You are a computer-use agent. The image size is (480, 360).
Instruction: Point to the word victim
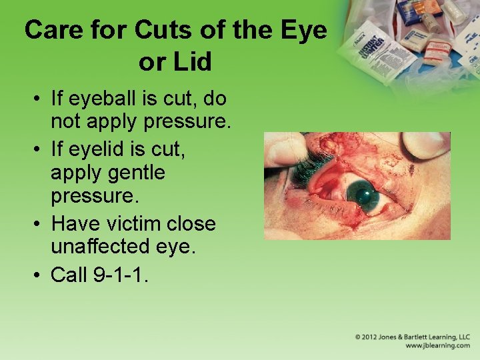(141, 223)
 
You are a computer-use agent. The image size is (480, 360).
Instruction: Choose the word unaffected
(108, 247)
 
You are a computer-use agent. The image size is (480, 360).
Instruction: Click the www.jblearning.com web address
(437, 346)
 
